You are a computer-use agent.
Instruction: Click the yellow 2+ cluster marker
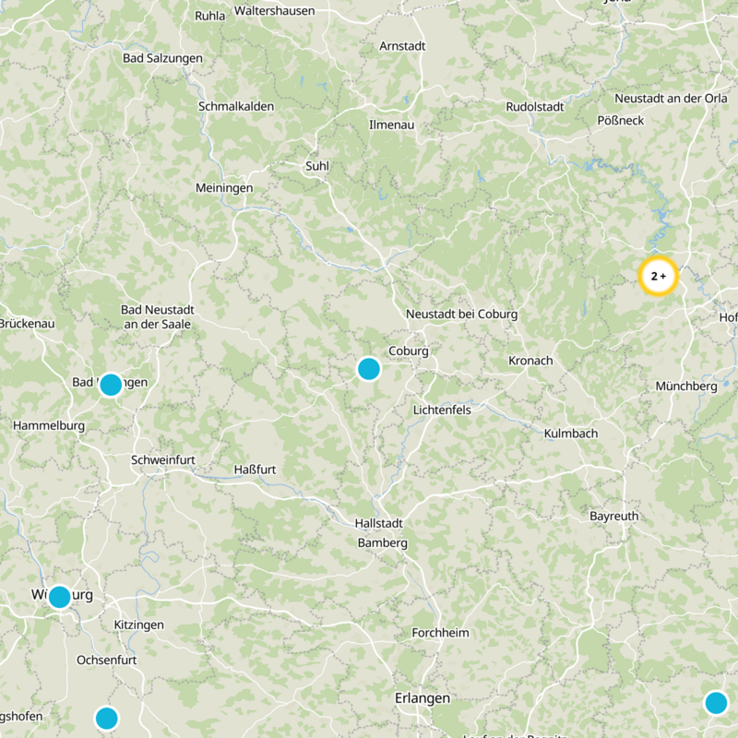(659, 276)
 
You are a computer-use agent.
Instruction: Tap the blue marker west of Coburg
(369, 369)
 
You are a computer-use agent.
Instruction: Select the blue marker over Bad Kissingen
(111, 385)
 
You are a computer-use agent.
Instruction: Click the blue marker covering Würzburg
(60, 597)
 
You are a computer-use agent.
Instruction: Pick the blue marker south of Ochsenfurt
(107, 718)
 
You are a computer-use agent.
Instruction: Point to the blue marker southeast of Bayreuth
(716, 703)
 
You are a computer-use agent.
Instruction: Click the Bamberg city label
(383, 543)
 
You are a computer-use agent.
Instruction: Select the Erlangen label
(423, 698)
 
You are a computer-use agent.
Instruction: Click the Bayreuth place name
(613, 517)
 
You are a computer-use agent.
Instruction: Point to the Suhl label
(317, 166)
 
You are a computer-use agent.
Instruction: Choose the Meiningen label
(224, 187)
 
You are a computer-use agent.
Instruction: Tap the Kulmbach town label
(571, 434)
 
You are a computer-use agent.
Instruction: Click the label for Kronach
(530, 361)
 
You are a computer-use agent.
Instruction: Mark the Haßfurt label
(256, 470)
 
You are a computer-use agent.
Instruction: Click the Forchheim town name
(441, 633)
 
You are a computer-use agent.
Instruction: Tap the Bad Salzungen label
(162, 58)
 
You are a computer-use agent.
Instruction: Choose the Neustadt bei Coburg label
(462, 315)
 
